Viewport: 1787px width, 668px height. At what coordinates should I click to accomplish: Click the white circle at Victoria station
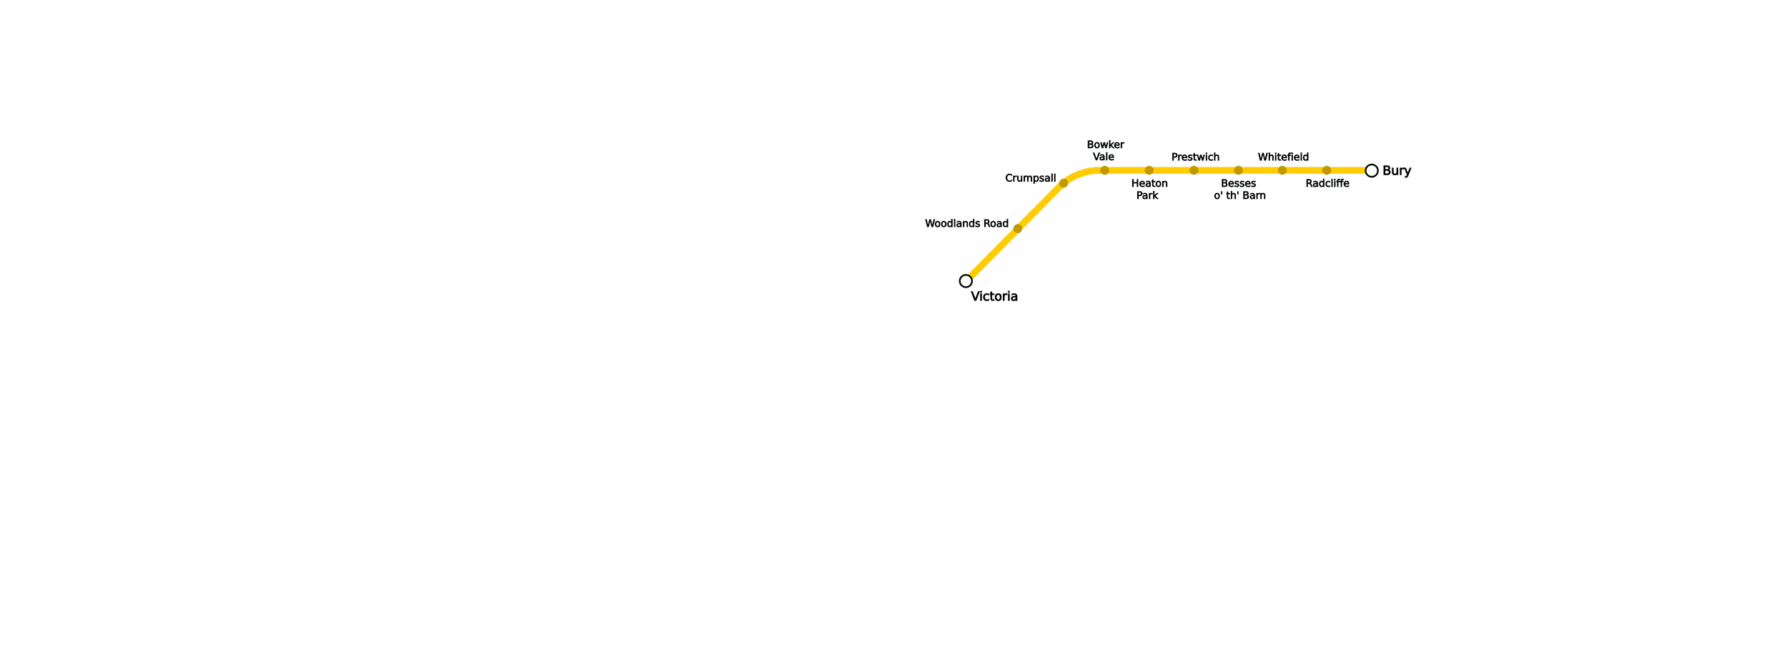[x=966, y=280]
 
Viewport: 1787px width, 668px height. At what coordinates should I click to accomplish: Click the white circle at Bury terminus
[x=1371, y=170]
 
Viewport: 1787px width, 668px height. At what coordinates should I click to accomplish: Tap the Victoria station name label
[x=994, y=297]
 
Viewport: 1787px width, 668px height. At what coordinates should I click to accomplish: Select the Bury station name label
[x=1397, y=170]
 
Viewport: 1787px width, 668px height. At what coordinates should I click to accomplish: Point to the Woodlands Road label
[x=966, y=223]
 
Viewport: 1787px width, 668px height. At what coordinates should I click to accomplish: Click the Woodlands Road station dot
[x=1018, y=229]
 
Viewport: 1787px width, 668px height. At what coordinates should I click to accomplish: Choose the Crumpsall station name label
[x=1030, y=177]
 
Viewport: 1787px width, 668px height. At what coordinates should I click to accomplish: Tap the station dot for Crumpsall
[x=1064, y=184]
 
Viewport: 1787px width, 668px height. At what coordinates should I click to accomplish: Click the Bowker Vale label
[x=1104, y=150]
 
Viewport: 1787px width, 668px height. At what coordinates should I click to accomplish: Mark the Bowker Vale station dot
[x=1104, y=170]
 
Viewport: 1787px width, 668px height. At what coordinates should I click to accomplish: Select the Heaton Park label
[x=1149, y=190]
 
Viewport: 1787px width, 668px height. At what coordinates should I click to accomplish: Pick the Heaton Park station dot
[x=1149, y=170]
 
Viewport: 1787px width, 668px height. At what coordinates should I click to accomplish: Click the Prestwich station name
[x=1195, y=157]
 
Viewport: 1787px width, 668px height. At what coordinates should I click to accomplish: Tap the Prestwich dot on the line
[x=1194, y=170]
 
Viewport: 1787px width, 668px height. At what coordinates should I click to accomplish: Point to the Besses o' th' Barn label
[x=1239, y=190]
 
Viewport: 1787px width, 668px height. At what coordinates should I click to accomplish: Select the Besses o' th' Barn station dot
[x=1238, y=170]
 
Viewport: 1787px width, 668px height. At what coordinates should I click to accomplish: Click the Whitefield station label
[x=1283, y=157]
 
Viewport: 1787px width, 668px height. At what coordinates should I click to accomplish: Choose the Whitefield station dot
[x=1282, y=170]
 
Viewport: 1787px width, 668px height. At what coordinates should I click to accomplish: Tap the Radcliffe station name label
[x=1327, y=183]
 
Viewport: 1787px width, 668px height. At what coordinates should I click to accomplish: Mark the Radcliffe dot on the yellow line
[x=1327, y=170]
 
